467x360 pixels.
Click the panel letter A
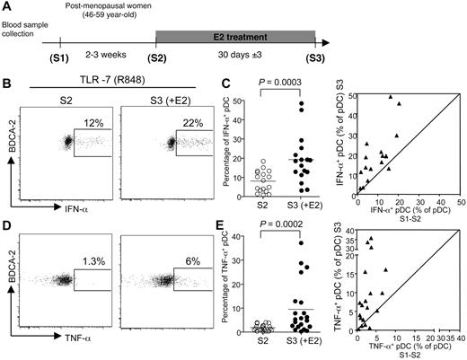7,8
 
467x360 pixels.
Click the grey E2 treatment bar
236,38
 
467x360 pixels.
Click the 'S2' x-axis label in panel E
259,343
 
